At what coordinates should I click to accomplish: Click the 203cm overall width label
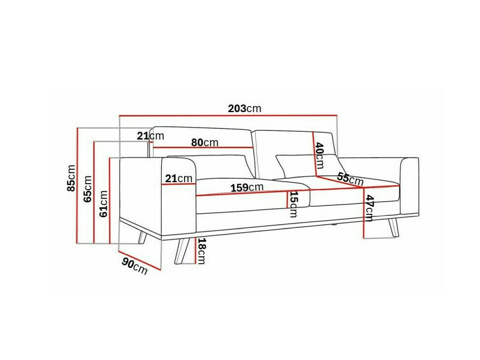[245, 109]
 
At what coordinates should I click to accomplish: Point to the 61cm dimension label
[104, 204]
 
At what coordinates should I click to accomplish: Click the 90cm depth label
[134, 267]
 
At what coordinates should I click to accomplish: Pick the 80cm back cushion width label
[205, 142]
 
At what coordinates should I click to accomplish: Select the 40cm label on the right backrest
[319, 154]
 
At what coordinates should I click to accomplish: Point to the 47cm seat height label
[369, 208]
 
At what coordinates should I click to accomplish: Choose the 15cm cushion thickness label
[293, 204]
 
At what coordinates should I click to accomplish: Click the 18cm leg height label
[201, 250]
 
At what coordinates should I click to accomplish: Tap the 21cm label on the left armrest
[179, 178]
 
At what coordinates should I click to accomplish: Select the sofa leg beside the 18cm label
[182, 250]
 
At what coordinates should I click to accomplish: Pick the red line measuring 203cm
[228, 116]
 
